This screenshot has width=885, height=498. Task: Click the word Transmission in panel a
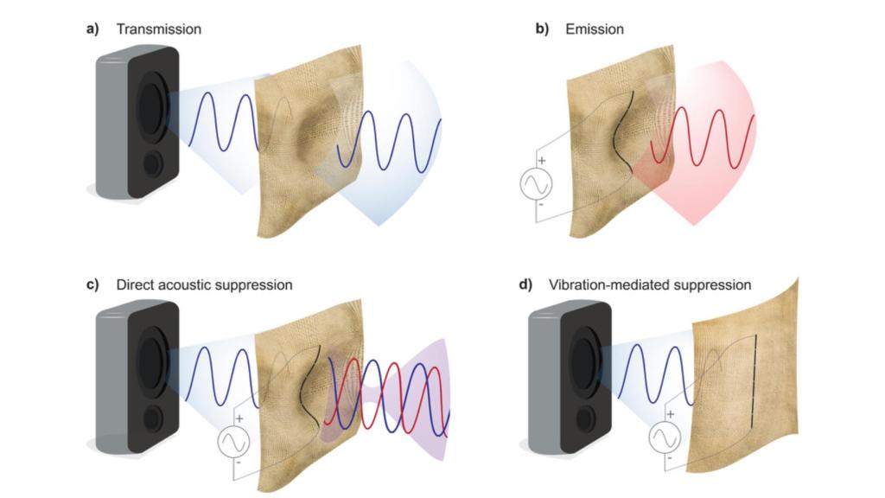[x=159, y=29]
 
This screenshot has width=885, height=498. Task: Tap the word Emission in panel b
[x=595, y=29]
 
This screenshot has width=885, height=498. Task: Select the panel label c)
[x=92, y=284]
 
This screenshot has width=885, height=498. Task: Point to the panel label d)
[x=525, y=284]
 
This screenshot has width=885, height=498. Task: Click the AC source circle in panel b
[x=536, y=184]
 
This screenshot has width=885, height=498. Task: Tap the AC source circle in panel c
[x=233, y=442]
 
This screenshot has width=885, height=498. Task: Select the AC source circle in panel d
[x=665, y=437]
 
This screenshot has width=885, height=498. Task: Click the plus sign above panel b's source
[x=542, y=161]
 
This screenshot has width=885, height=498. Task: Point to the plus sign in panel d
[x=671, y=414]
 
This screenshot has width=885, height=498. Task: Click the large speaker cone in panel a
[x=151, y=105]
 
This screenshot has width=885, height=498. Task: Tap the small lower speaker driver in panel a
[x=152, y=163]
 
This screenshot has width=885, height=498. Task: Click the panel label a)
[x=92, y=29]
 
